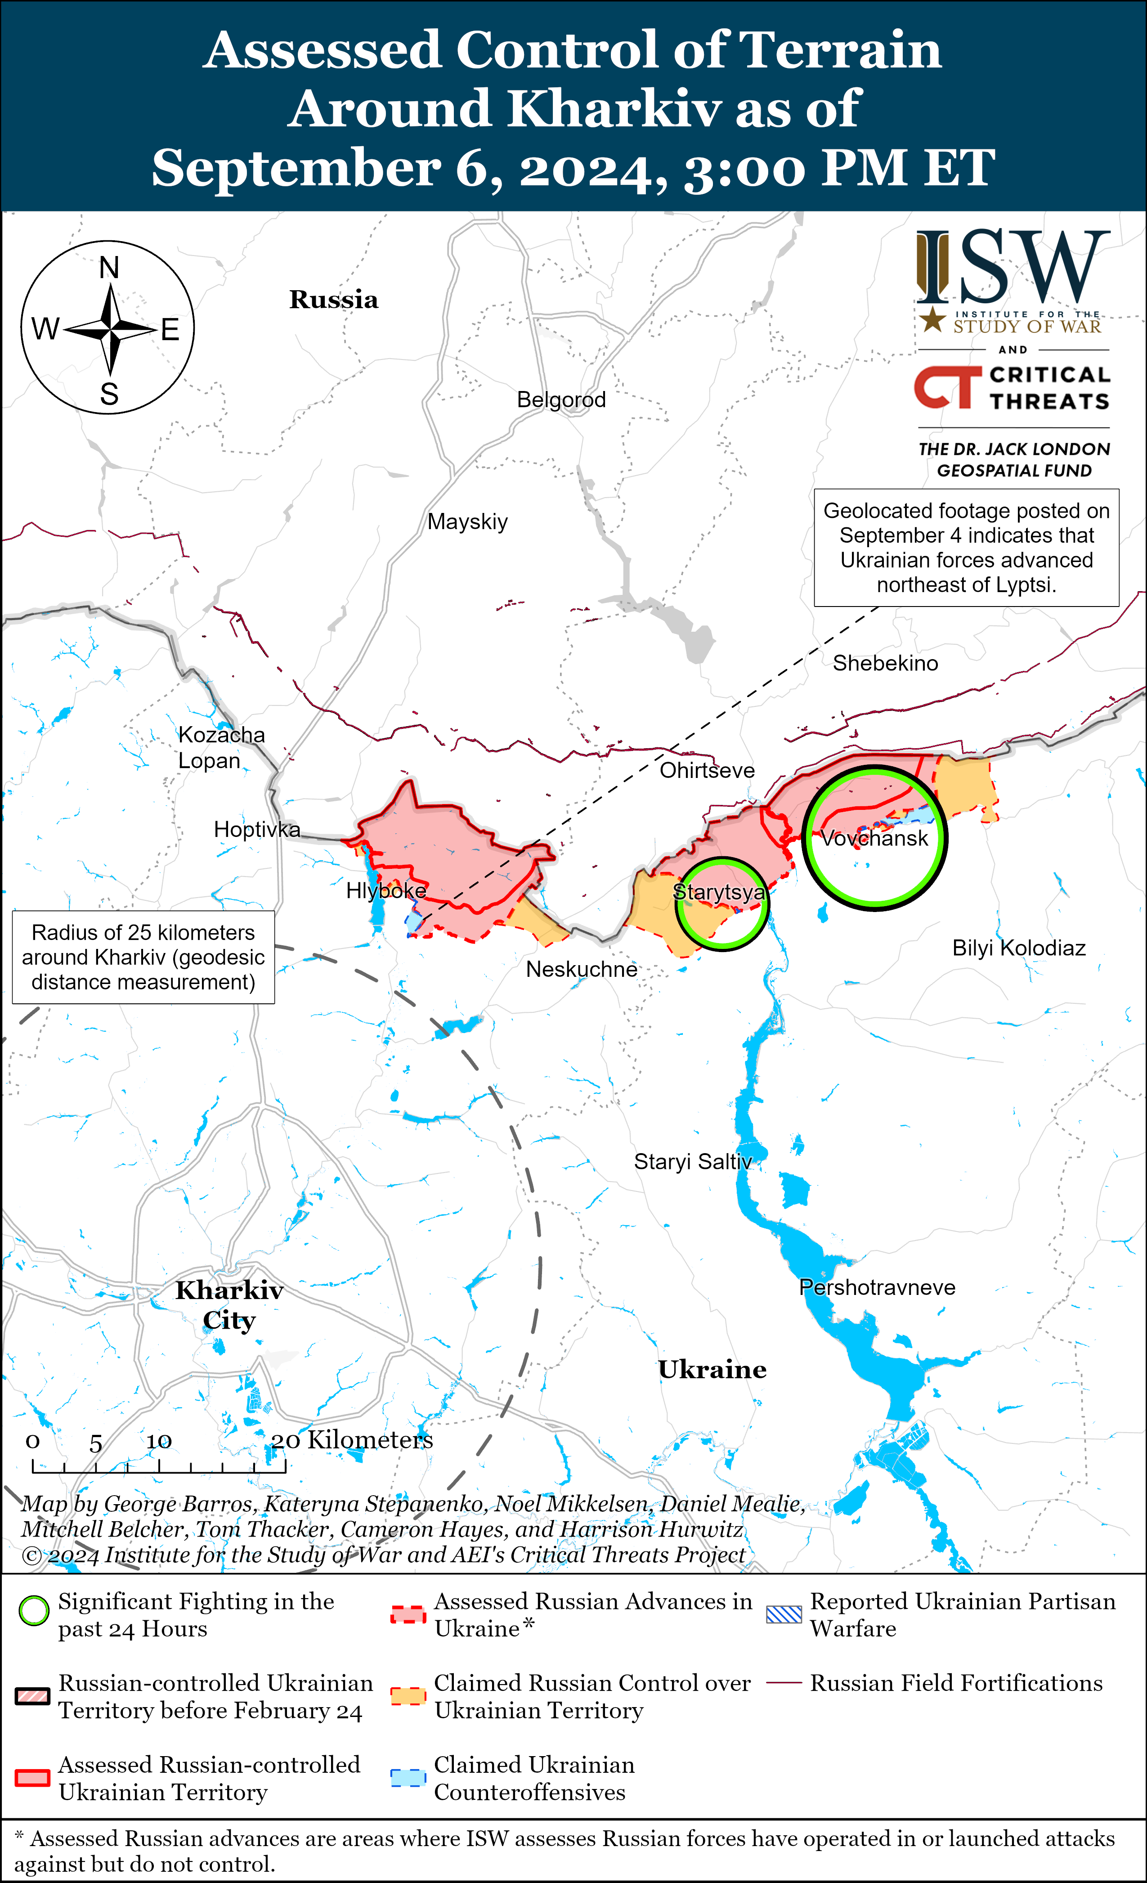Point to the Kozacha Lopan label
221,747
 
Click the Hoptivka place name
257,829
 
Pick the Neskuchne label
582,969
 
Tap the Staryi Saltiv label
692,1162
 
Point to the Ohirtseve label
707,770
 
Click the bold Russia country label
333,300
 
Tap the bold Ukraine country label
712,1370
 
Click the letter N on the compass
109,268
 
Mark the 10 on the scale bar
159,1441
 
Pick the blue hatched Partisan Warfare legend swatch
784,1613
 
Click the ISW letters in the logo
1013,267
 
